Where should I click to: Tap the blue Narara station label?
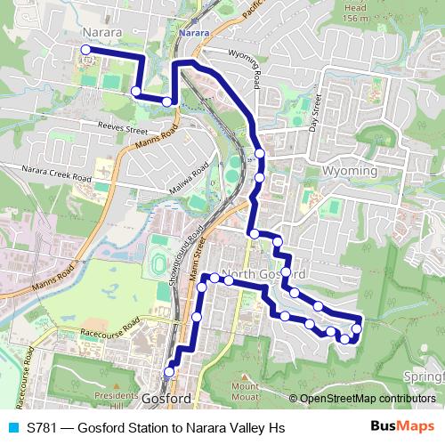(193, 33)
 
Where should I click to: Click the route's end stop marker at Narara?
(85, 50)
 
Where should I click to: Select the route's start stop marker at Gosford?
(169, 371)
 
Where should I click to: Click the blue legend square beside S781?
(12, 427)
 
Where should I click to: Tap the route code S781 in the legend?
(43, 427)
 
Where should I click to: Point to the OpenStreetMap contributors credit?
(366, 399)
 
